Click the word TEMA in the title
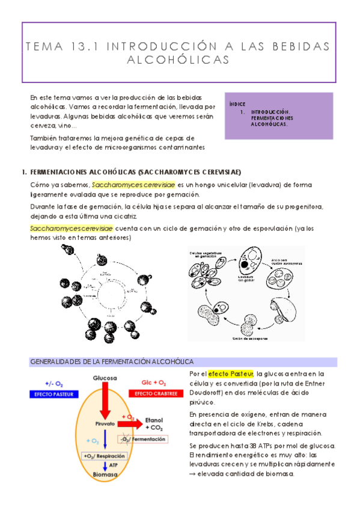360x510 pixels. [48, 47]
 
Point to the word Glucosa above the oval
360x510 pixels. [105, 378]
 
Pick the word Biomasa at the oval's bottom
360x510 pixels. [104, 475]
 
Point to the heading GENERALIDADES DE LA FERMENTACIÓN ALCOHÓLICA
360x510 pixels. [112, 361]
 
